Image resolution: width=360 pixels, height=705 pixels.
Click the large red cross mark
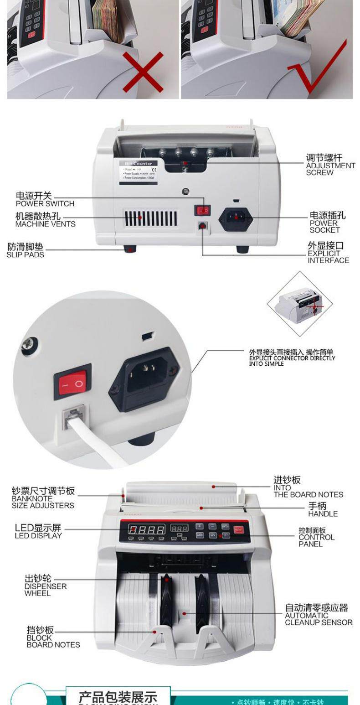pos(143,72)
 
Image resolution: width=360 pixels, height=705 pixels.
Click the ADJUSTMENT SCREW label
pos(330,165)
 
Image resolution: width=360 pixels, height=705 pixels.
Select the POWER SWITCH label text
pos(45,200)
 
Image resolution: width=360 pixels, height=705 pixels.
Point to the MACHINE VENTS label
pos(45,220)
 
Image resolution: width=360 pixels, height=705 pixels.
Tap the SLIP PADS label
pos(26,251)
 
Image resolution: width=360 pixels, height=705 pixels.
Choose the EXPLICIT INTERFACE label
pos(328,253)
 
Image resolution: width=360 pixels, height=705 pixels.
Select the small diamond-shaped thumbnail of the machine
pos(299,303)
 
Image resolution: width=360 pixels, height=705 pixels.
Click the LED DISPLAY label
pos(38,531)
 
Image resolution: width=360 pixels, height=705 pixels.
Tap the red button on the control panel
pos(239,529)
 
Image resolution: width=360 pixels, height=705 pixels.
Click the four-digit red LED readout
pos(147,529)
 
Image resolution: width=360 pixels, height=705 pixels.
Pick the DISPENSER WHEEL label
pos(45,586)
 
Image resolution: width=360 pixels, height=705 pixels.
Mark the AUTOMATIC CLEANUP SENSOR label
pos(318,615)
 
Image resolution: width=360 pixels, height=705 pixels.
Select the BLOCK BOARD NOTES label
pos(53,637)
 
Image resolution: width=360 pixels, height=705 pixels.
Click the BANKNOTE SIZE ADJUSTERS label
pos(43,498)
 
